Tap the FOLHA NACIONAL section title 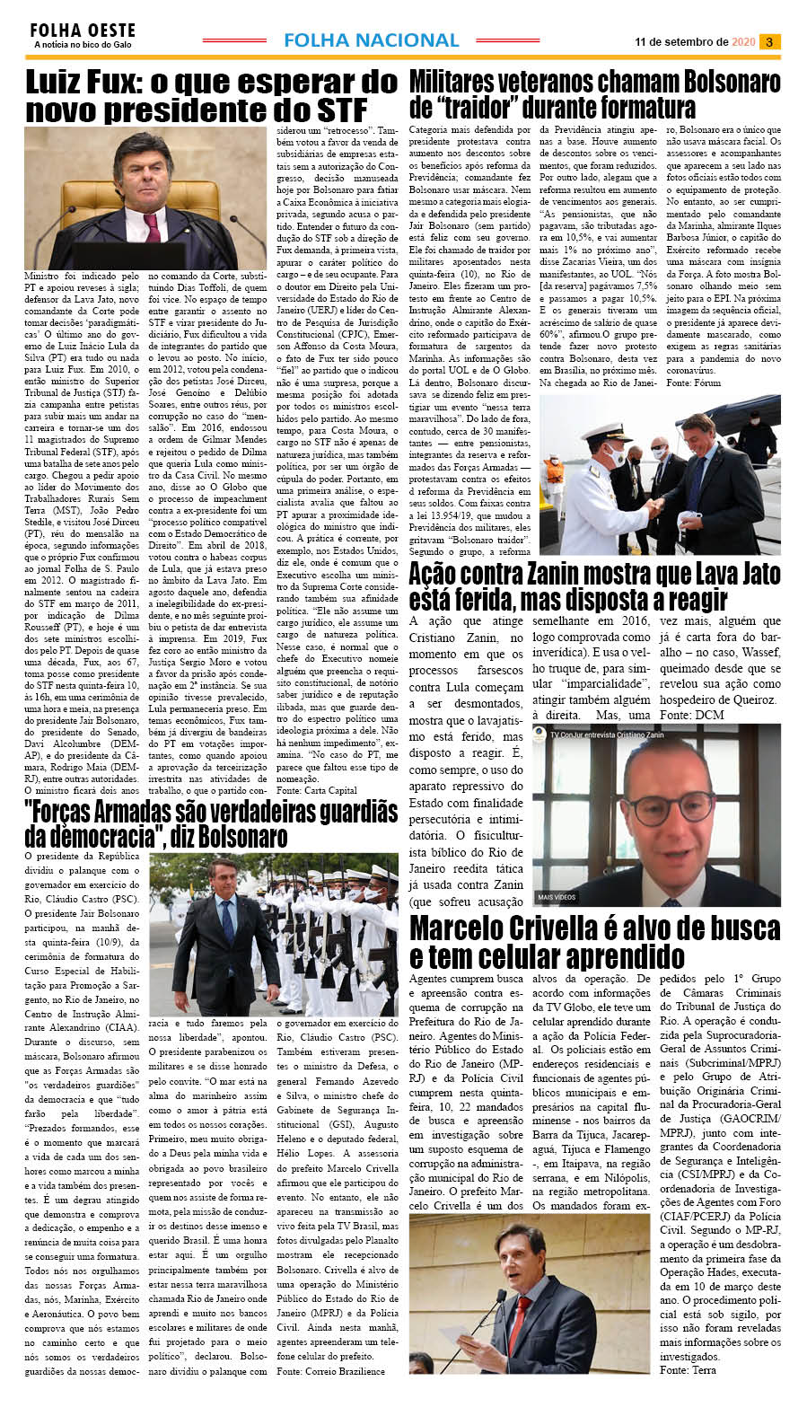pos(371,40)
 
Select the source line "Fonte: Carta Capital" pos(316,790)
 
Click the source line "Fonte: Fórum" pos(693,383)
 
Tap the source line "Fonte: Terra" pos(688,1369)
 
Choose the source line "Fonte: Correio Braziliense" pos(330,1371)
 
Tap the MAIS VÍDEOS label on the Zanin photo pos(557,897)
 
